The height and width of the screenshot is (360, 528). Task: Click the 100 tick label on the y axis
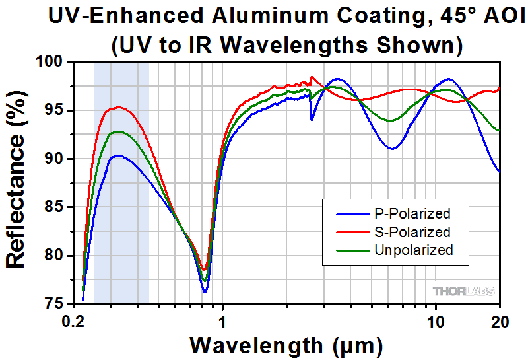point(51,62)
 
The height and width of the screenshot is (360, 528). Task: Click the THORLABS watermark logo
point(462,291)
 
